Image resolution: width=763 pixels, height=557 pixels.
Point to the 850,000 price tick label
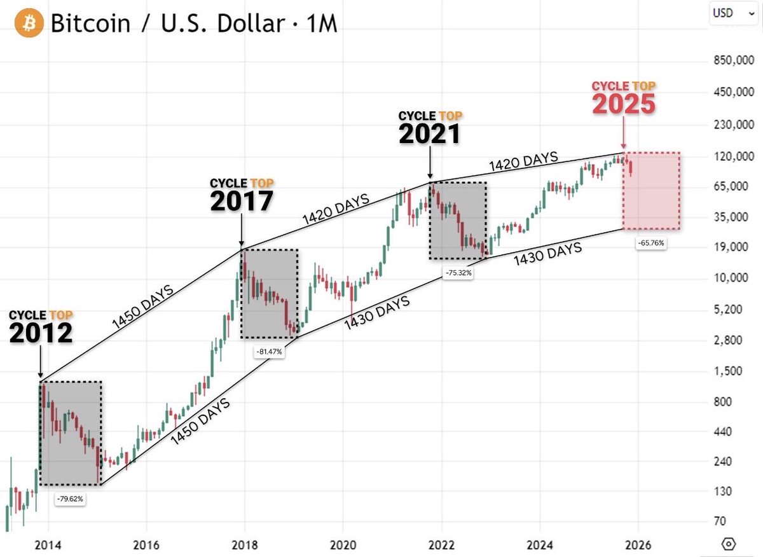click(x=728, y=62)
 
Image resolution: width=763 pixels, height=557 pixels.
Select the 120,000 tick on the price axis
click(x=728, y=156)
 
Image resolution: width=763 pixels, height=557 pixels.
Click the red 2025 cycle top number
click(x=623, y=104)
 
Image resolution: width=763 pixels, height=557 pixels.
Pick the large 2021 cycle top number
click(x=430, y=134)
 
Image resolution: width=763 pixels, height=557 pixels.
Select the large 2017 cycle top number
click(x=242, y=201)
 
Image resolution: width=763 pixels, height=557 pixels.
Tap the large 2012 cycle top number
click(x=41, y=333)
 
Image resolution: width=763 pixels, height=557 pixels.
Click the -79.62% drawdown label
click(x=69, y=499)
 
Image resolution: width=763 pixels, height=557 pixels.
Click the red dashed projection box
click(x=652, y=191)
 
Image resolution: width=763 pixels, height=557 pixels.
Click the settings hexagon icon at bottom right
click(x=729, y=544)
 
